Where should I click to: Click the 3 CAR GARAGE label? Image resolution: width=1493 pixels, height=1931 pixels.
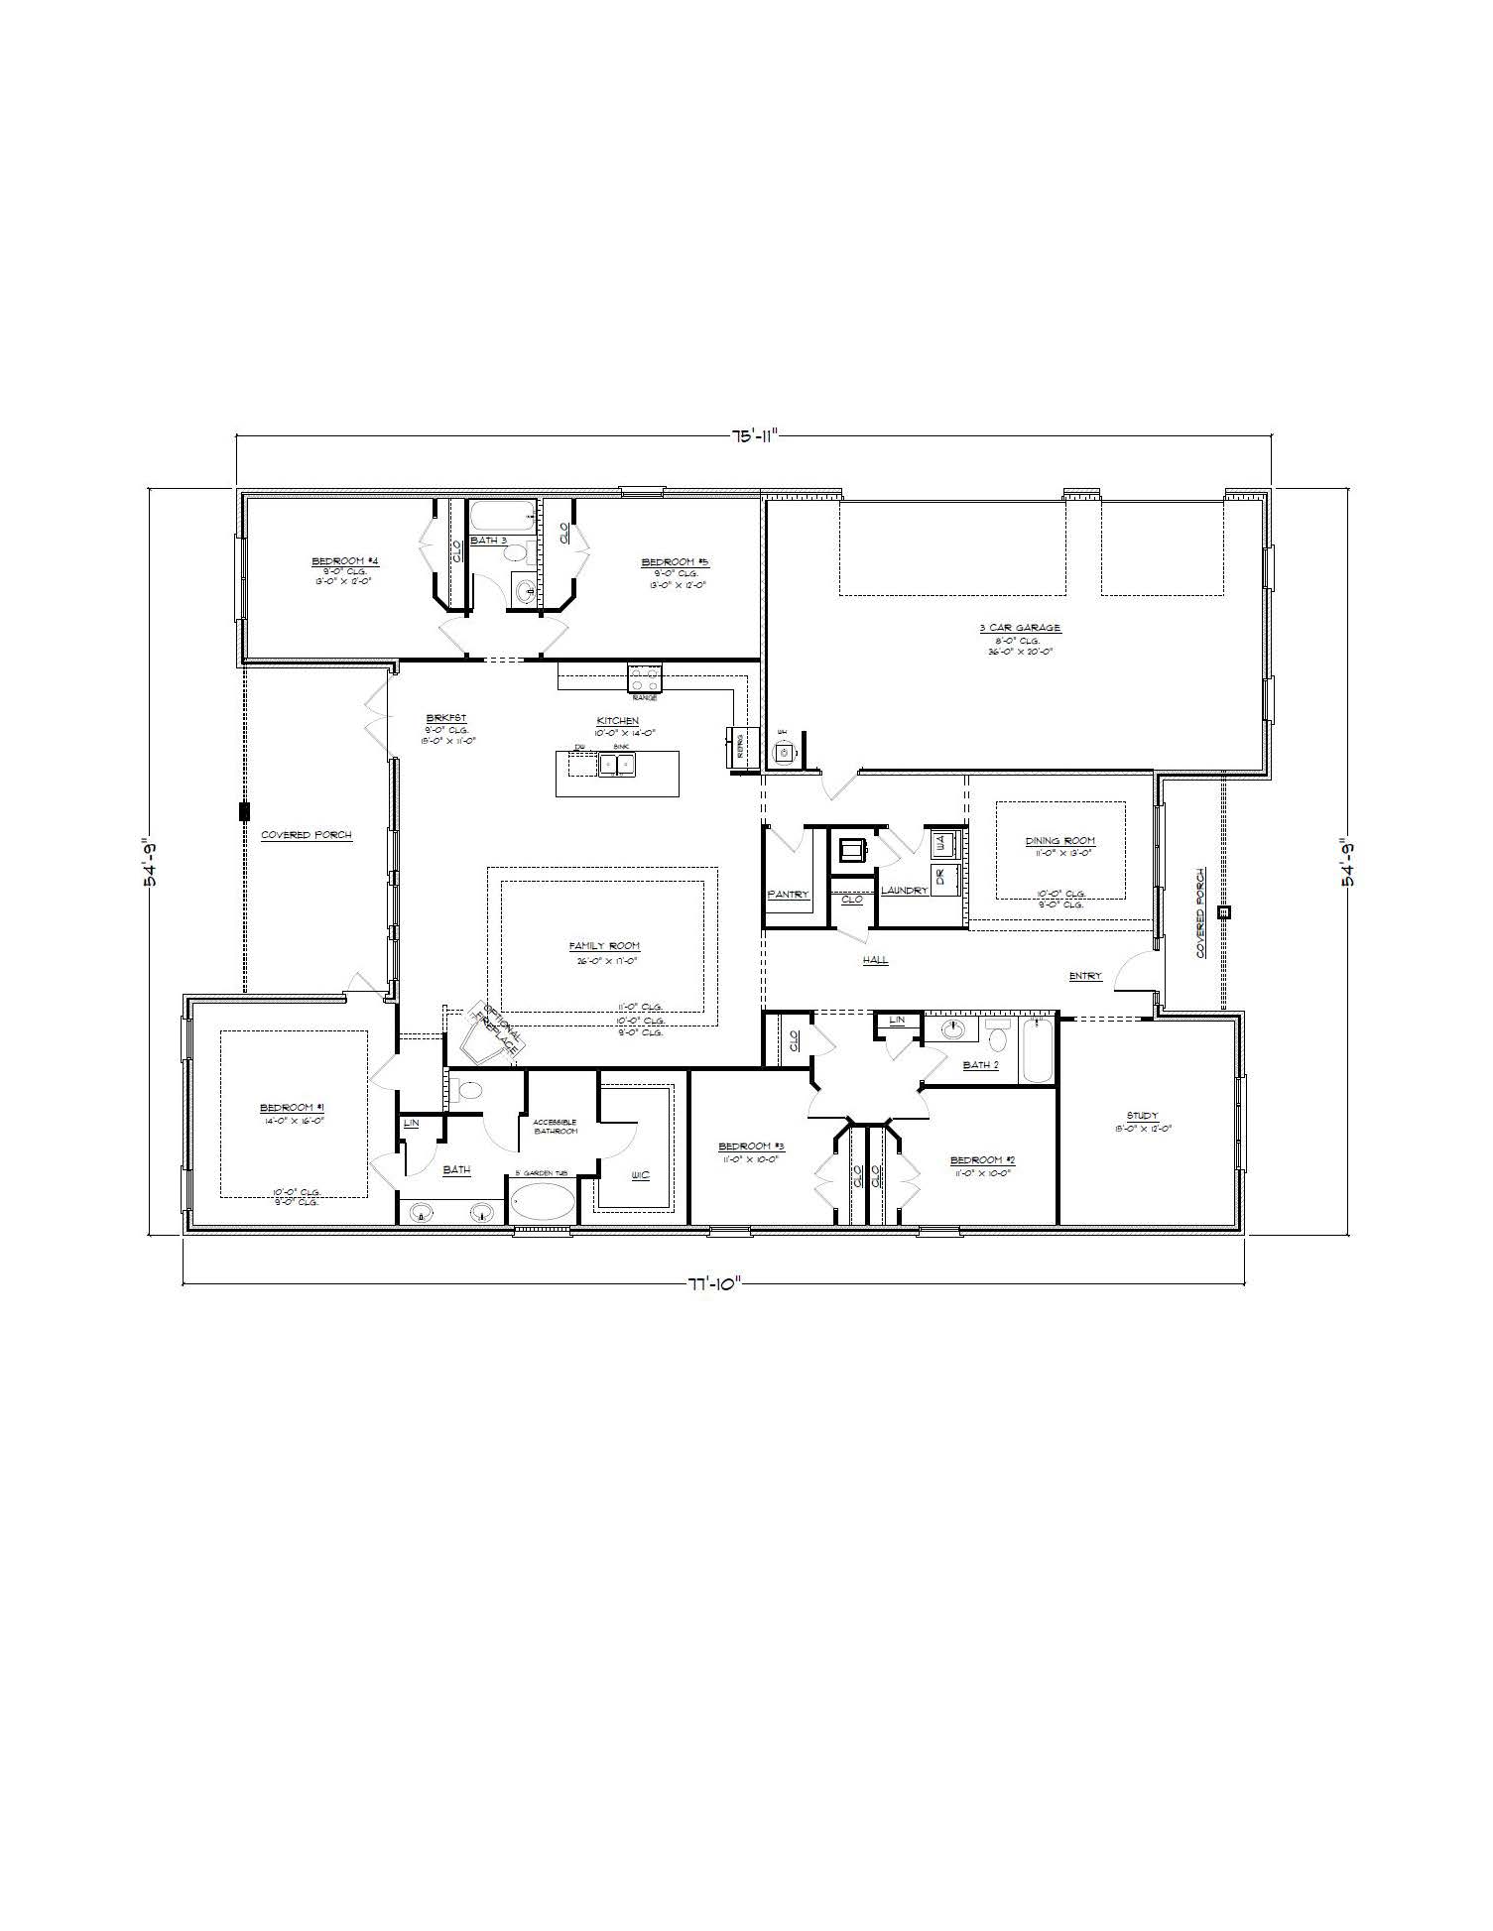1020,628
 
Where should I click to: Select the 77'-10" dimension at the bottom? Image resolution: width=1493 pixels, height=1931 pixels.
714,1283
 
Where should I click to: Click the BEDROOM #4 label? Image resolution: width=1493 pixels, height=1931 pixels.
344,561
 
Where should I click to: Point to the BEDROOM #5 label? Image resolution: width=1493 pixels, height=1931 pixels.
675,562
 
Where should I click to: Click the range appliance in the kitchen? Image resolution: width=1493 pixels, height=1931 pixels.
645,678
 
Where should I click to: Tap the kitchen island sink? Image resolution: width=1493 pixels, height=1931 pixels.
616,765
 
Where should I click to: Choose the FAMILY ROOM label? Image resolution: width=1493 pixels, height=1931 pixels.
603,946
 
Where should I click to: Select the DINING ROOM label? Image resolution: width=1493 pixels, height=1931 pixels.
1059,841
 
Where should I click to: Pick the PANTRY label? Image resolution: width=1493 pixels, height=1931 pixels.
789,895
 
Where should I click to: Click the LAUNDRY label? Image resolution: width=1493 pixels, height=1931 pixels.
904,891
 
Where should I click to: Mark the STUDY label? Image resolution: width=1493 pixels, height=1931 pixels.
1142,1116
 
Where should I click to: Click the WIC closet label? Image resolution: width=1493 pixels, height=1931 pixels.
640,1176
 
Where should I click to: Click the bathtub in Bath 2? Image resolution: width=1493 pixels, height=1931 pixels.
1037,1050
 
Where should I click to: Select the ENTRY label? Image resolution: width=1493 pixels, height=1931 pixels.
1085,976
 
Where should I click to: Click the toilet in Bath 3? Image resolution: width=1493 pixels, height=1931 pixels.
522,587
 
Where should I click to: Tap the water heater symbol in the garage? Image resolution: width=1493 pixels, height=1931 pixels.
784,752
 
